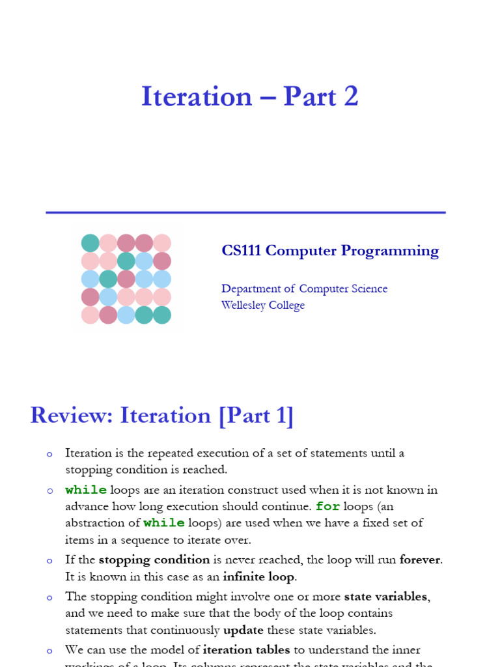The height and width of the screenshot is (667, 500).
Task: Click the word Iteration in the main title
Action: click(196, 96)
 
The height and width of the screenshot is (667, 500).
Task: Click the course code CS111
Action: click(242, 251)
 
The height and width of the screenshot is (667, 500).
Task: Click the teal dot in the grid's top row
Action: click(90, 243)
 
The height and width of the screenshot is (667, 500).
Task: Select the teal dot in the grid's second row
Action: click(126, 261)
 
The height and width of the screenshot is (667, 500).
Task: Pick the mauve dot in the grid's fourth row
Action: click(90, 297)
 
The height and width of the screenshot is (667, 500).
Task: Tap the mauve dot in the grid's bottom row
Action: click(108, 315)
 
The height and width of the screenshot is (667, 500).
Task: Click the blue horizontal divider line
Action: click(245, 212)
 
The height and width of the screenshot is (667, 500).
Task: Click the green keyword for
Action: click(327, 506)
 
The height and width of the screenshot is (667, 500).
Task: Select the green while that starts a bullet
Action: click(86, 490)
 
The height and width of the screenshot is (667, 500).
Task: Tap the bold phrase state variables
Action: click(386, 596)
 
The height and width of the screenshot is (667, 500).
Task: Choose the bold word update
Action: click(243, 630)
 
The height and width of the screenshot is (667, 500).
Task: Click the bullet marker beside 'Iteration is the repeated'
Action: click(49, 455)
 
